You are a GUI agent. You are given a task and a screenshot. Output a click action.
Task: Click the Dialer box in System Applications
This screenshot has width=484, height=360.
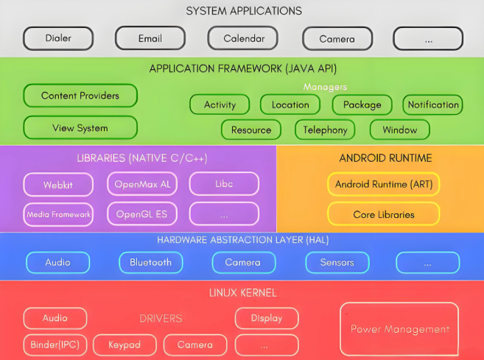click(58, 38)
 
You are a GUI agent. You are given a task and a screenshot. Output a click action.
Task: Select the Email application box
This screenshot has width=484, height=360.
click(150, 38)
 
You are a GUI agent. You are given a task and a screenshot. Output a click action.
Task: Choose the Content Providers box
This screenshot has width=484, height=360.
click(80, 96)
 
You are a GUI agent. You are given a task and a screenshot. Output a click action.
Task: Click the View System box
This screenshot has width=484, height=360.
click(80, 127)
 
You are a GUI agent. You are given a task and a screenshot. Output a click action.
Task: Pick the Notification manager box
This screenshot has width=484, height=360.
click(433, 105)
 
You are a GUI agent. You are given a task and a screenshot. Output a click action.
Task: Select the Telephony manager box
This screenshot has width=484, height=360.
click(325, 130)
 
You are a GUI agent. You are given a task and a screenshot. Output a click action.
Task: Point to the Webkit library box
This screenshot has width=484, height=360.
click(58, 183)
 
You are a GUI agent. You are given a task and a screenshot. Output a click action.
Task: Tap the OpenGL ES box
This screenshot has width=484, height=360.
click(141, 214)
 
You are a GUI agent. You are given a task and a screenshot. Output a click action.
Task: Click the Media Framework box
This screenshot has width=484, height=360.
click(58, 214)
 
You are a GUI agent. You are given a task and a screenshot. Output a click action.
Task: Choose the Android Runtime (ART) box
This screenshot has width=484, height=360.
click(383, 183)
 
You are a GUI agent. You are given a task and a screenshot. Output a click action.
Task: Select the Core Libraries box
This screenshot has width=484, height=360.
click(383, 214)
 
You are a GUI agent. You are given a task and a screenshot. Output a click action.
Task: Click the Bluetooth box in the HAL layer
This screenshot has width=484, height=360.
click(150, 262)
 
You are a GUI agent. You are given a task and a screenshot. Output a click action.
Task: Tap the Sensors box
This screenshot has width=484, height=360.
click(337, 262)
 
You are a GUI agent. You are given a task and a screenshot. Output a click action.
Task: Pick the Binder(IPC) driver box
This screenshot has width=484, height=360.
click(55, 345)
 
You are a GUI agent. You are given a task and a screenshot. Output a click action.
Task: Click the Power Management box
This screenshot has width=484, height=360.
click(399, 329)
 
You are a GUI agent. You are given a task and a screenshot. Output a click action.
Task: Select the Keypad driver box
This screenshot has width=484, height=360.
click(124, 345)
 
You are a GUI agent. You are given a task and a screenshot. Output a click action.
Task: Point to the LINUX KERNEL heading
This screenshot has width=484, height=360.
click(242, 293)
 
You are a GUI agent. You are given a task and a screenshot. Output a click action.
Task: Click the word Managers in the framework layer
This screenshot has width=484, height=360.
click(325, 87)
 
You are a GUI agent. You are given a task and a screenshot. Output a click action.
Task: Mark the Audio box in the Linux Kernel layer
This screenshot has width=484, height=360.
click(55, 318)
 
